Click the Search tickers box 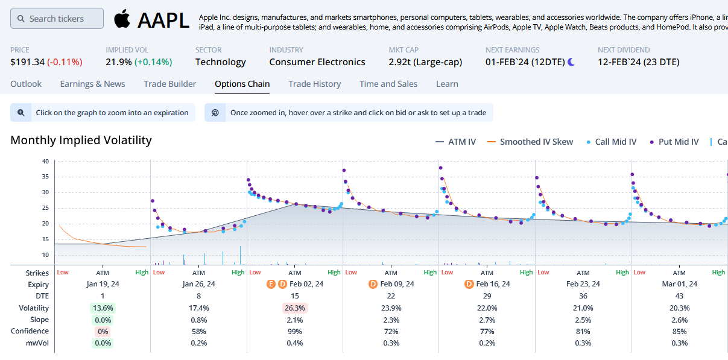click(x=57, y=19)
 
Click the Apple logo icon click(x=122, y=19)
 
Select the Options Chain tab click(x=242, y=84)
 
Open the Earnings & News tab click(x=92, y=84)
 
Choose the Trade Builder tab click(x=170, y=84)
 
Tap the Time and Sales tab click(x=388, y=84)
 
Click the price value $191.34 click(x=27, y=62)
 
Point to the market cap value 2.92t click(x=399, y=62)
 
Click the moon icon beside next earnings click(x=571, y=62)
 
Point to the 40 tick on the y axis click(x=45, y=162)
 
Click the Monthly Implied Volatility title click(x=81, y=141)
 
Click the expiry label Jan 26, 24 click(x=198, y=284)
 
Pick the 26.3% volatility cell click(x=295, y=308)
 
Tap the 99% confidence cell click(x=295, y=331)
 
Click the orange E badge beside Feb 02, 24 click(x=271, y=284)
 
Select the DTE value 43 click(x=679, y=296)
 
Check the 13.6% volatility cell click(x=103, y=308)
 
